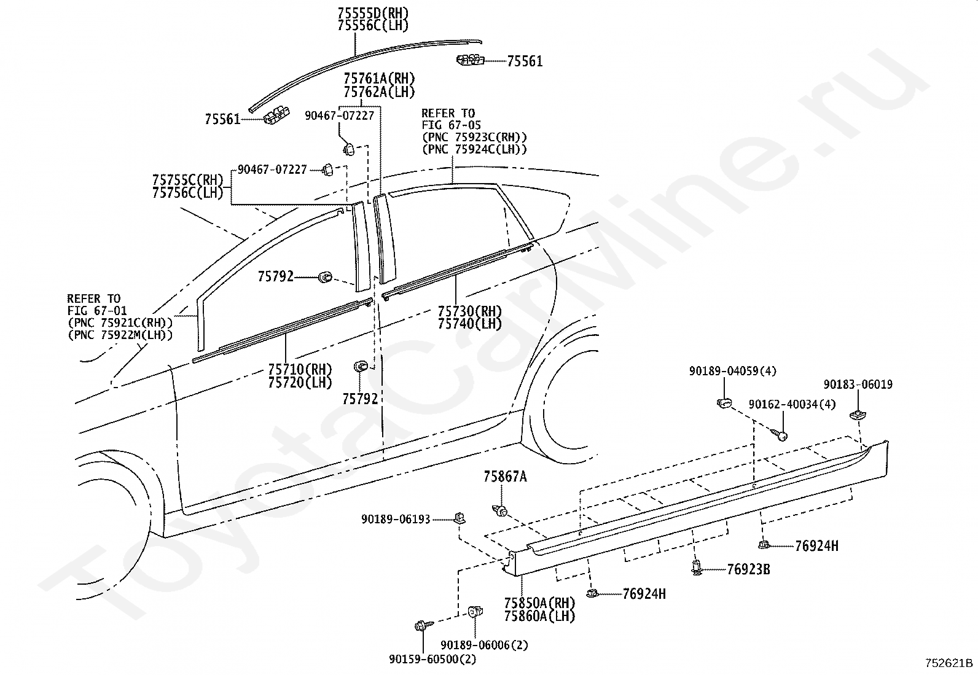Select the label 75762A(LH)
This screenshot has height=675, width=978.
tap(379, 92)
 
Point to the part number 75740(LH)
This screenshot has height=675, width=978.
tap(469, 324)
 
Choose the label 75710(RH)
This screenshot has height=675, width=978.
tap(300, 369)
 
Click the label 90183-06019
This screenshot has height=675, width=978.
tap(858, 384)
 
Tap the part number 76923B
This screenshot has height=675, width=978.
tap(748, 569)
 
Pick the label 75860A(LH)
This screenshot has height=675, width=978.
tap(539, 615)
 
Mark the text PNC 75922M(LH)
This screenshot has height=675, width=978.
tap(120, 335)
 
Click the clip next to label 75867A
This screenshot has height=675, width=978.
tap(499, 510)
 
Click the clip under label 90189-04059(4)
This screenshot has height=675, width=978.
tap(724, 403)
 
